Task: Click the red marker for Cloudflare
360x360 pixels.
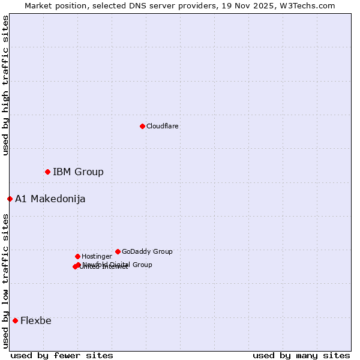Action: point(142,126)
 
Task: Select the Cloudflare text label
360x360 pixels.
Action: point(162,126)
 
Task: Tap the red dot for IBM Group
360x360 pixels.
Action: point(47,172)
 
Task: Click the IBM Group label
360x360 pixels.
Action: point(78,172)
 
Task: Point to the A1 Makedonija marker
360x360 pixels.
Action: point(10,199)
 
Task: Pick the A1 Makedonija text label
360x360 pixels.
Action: point(50,199)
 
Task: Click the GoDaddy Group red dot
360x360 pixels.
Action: point(118,251)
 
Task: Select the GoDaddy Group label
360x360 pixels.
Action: point(147,252)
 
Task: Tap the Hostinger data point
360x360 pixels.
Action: point(77,256)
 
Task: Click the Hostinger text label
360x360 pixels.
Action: point(97,257)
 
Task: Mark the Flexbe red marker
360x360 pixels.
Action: point(15,320)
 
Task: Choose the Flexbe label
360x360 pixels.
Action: point(36,321)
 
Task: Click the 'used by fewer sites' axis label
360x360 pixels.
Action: point(62,356)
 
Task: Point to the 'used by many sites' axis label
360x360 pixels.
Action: point(301,356)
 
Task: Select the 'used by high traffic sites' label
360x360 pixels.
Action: point(5,86)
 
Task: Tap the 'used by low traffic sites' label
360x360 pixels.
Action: point(5,281)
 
